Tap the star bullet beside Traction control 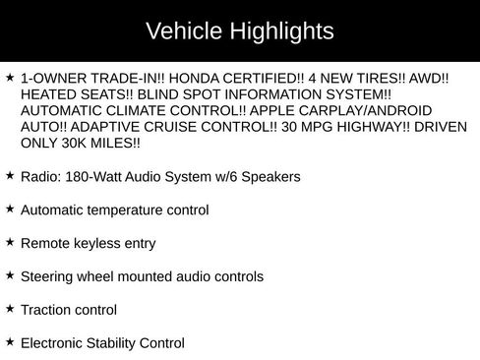[10, 309]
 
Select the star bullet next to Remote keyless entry [10, 242]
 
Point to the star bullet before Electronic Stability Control [10, 342]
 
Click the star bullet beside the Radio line [10, 175]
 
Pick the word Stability [120, 343]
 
